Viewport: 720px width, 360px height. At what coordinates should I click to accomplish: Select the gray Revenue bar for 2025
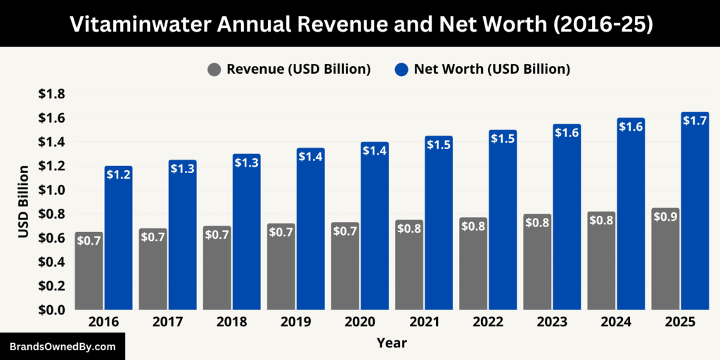665,267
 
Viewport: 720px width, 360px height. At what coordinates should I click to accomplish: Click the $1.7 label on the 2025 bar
695,120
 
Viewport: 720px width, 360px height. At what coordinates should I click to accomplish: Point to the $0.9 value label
665,217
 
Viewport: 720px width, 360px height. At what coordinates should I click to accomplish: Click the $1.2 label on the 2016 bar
119,174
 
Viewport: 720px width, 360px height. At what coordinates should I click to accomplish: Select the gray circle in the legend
214,70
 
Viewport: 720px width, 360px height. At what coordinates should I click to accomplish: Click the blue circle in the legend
401,70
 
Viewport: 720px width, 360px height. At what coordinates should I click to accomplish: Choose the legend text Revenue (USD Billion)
298,70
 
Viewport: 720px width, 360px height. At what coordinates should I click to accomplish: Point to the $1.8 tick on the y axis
51,94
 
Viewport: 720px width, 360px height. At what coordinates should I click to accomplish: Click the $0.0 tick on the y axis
51,309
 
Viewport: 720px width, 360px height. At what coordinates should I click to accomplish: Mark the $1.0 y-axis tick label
51,190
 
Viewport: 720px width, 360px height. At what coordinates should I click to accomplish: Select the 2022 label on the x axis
488,322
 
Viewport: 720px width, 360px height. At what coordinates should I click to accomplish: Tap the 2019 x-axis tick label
296,322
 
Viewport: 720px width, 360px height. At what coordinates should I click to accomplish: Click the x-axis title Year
391,343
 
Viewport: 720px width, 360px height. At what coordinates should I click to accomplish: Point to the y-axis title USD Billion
23,202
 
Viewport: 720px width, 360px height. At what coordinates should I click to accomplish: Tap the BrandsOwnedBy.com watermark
62,347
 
